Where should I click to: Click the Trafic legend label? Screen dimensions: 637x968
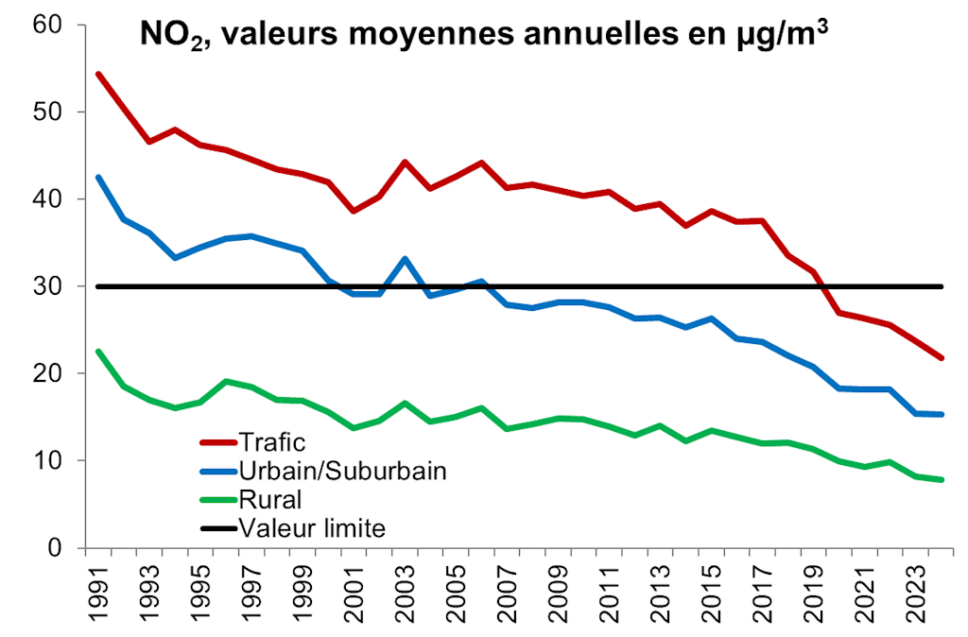273,441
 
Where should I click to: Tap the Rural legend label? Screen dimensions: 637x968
269,498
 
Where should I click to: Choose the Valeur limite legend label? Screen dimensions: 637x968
313,527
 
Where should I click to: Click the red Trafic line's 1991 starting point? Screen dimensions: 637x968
98,74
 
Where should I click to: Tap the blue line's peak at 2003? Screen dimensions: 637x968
405,258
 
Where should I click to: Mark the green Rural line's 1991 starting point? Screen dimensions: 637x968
98,352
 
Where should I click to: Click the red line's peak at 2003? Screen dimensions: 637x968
405,162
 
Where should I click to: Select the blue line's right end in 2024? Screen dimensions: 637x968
942,414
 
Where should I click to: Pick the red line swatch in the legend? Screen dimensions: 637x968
217,441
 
